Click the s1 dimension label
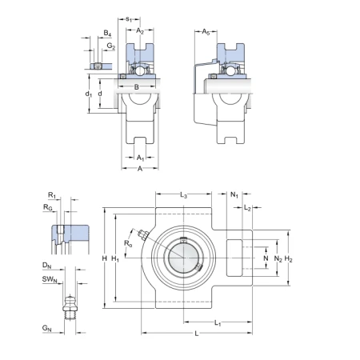coord(129,19)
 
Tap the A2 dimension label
coord(140,31)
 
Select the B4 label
coord(107,34)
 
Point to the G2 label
coord(111,46)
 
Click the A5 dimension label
coord(206,32)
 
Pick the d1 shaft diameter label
coord(89,94)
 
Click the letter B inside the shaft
coord(137,87)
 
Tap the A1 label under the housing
coord(140,158)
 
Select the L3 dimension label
coord(183,195)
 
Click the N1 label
coord(234,194)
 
